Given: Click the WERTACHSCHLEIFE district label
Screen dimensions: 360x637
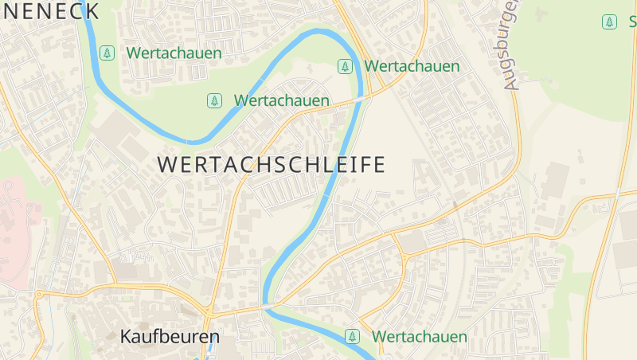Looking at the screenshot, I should [x=272, y=165].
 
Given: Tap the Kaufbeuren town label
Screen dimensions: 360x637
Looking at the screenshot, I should [x=170, y=337].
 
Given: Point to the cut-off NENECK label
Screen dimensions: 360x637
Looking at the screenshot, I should [x=49, y=11].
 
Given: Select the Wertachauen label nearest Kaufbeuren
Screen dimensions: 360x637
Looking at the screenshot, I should [x=420, y=337].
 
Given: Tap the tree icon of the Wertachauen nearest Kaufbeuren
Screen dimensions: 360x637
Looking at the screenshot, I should [x=352, y=337].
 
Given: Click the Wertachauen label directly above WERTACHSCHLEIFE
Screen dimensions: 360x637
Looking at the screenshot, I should [x=282, y=101].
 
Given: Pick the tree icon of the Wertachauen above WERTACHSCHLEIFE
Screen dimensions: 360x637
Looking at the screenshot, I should [x=213, y=101].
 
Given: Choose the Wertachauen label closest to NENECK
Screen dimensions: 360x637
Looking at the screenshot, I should [x=174, y=54].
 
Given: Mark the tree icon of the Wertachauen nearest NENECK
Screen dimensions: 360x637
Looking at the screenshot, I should [x=107, y=54].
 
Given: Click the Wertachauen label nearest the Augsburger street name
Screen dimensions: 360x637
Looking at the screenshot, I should [x=412, y=66].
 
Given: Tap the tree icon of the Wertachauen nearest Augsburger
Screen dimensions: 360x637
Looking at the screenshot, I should [x=345, y=66].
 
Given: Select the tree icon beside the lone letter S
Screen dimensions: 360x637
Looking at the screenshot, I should [x=609, y=22].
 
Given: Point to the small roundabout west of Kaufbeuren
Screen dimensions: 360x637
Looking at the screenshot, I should [x=39, y=295].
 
